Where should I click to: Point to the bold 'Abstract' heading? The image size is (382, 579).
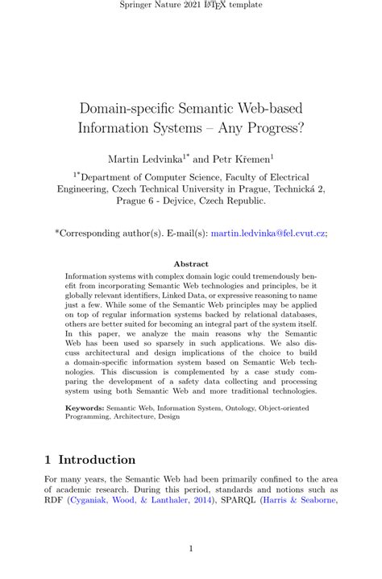[x=191, y=263]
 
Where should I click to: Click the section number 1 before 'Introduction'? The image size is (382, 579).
[x=48, y=460]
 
